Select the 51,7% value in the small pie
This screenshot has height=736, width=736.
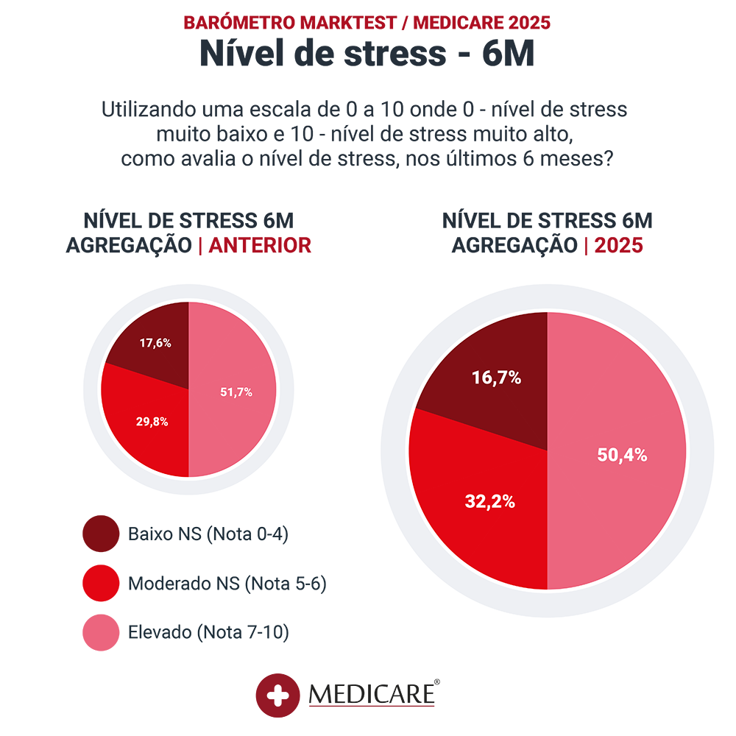pyautogui.click(x=236, y=392)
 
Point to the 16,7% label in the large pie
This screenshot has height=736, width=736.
pyautogui.click(x=497, y=378)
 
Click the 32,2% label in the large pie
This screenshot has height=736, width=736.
pyautogui.click(x=489, y=503)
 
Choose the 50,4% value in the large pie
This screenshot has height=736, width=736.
pyautogui.click(x=622, y=456)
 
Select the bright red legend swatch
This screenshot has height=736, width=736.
pyautogui.click(x=95, y=583)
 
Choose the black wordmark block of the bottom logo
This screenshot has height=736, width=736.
pyautogui.click(x=390, y=681)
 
